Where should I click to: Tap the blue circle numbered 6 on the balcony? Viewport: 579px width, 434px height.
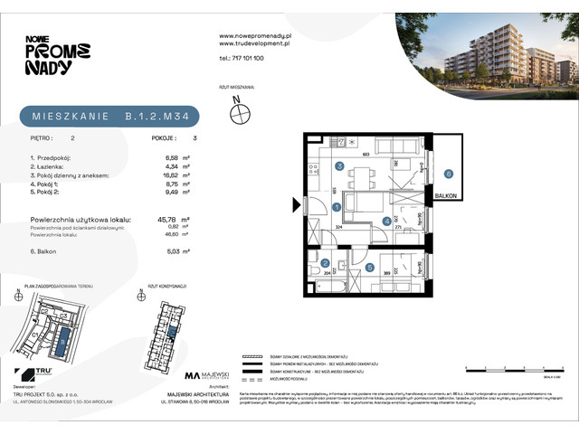point(448,174)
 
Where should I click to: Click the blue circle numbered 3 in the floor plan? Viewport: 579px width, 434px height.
point(339,166)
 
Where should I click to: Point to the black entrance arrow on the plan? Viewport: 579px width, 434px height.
point(296,207)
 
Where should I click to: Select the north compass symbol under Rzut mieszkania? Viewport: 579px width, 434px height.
point(240,114)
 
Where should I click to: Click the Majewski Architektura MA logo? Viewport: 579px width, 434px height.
point(195,374)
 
